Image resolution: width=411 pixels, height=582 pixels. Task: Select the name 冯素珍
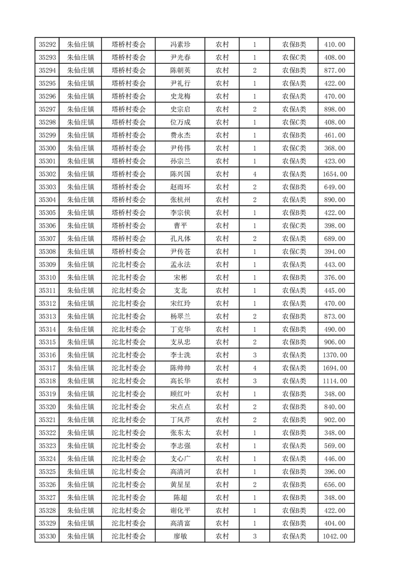point(180,45)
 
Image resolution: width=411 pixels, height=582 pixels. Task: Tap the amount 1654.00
point(334,174)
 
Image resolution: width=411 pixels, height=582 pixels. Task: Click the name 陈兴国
point(180,174)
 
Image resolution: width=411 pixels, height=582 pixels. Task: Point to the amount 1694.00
point(334,368)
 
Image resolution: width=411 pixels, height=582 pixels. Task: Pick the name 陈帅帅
point(180,368)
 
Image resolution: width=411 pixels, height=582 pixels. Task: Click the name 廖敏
point(180,536)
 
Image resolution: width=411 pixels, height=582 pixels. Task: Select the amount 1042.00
point(334,536)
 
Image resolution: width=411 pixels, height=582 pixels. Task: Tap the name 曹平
point(180,226)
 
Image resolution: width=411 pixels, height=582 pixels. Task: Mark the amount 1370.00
point(334,355)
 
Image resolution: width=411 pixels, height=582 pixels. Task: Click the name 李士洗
point(180,355)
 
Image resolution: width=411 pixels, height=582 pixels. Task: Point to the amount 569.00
point(334,446)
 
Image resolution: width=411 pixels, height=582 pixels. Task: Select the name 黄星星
point(180,484)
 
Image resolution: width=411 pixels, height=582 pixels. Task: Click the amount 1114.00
point(334,381)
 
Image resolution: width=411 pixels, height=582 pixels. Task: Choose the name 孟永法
point(180,265)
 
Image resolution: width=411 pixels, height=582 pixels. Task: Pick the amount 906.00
point(334,342)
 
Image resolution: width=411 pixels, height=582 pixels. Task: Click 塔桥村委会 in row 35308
point(129,252)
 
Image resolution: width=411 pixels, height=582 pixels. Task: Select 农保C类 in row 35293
point(294,58)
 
